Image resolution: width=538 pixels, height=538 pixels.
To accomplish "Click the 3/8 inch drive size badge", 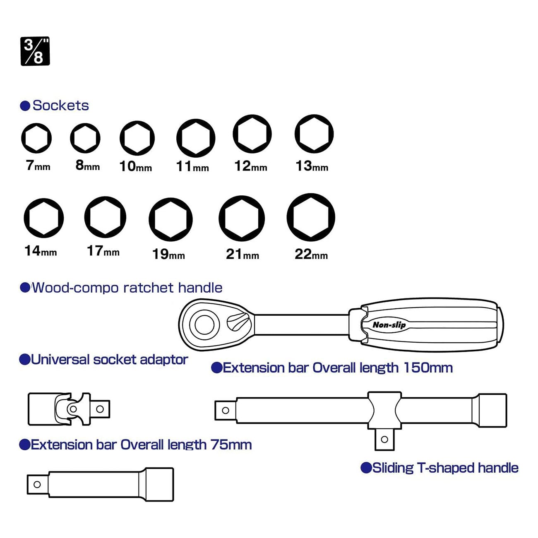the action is [x=35, y=51].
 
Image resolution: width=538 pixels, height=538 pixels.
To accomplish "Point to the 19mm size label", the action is [x=168, y=255].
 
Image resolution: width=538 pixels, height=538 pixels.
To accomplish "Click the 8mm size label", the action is [x=88, y=165].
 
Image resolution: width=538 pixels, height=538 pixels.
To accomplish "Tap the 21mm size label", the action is [x=243, y=255].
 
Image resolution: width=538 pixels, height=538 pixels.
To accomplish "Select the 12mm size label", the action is [x=251, y=166].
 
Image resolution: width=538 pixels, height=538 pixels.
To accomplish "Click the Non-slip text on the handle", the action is [x=389, y=325].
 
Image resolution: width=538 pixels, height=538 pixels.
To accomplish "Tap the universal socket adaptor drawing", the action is [x=69, y=409].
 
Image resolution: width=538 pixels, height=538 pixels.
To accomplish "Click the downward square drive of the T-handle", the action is [x=384, y=440].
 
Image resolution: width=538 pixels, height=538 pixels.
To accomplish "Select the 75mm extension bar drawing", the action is [x=100, y=485].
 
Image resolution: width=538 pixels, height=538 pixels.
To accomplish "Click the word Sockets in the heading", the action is [x=60, y=106].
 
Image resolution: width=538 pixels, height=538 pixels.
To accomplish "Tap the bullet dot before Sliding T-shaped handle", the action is [x=366, y=468].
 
